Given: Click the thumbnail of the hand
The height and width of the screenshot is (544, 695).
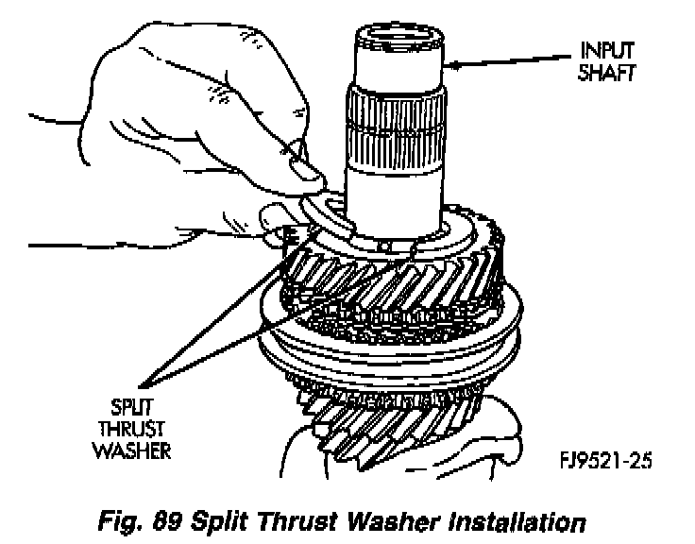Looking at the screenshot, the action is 305,168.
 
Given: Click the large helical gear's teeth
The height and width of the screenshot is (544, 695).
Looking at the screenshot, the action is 397,283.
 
